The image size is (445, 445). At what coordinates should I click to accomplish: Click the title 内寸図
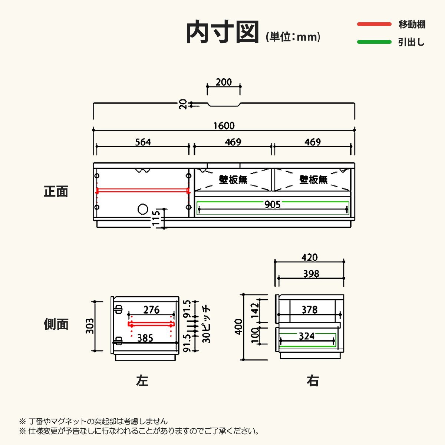(222, 32)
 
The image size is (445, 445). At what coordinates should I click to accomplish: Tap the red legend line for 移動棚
(374, 24)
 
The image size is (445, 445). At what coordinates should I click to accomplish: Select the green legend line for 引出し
(374, 42)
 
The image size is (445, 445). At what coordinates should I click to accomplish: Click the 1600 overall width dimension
(224, 126)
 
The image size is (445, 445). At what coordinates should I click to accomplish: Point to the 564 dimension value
(143, 142)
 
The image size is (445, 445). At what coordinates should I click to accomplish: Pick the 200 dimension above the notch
(224, 82)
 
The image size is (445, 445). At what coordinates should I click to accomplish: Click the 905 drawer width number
(273, 204)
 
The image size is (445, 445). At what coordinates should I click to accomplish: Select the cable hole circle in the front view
(143, 209)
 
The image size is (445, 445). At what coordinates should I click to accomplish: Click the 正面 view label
(56, 192)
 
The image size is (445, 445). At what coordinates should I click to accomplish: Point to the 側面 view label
(56, 324)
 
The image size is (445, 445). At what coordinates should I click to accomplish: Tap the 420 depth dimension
(310, 257)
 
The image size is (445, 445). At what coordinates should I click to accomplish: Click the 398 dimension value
(311, 274)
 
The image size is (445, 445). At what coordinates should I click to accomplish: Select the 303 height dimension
(90, 326)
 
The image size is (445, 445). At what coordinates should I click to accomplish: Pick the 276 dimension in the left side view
(151, 310)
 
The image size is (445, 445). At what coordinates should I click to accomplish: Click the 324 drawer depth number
(306, 336)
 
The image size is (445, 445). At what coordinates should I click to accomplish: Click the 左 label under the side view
(142, 381)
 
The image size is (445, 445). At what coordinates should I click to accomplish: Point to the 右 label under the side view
(312, 381)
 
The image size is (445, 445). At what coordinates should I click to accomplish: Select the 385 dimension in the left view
(145, 338)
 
